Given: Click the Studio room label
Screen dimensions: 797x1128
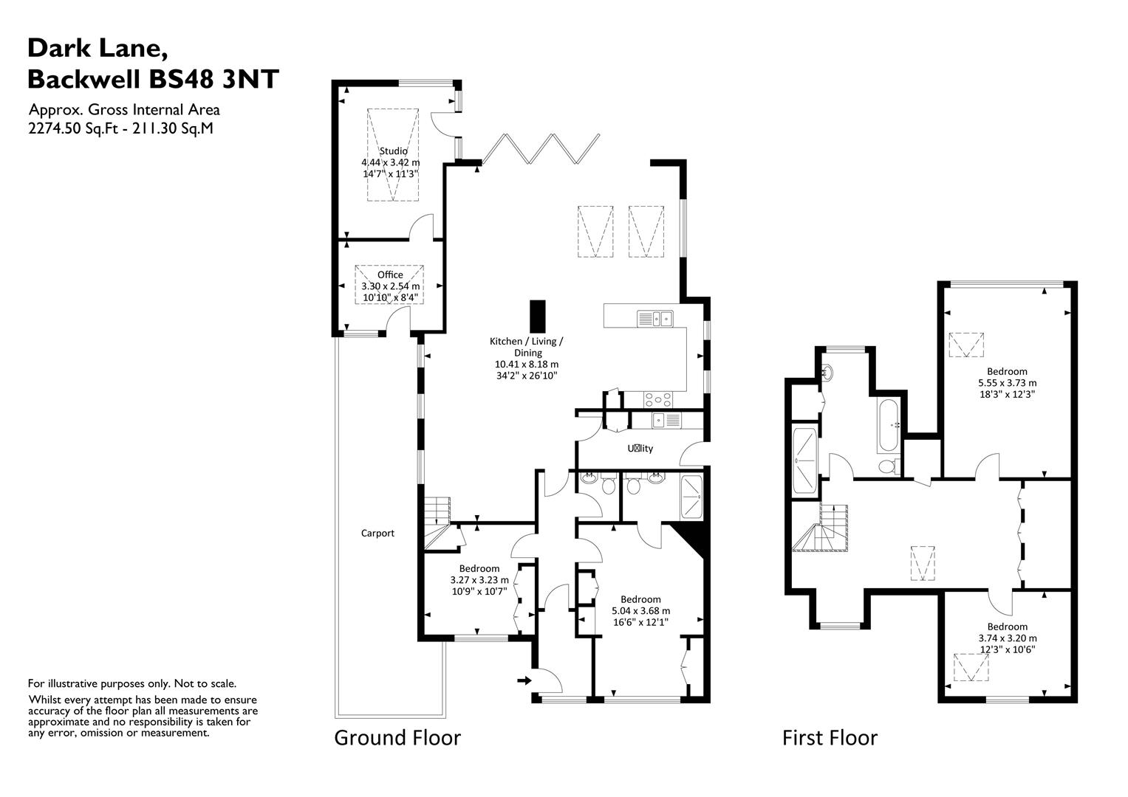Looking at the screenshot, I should coord(393,151).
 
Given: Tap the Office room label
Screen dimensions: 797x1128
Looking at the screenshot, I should coord(390,275).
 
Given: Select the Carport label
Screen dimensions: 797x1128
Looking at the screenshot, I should coord(377,533).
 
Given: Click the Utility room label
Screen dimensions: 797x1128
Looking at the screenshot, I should coord(640,448).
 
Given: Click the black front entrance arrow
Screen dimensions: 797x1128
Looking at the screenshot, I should coord(524,680).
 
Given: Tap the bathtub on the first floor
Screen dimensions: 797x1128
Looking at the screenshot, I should coord(887,426).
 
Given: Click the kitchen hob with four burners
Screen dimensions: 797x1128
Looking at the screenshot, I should coord(658,399).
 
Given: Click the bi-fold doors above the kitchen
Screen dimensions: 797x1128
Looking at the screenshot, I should coord(540,148).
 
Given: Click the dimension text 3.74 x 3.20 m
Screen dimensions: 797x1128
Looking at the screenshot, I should coord(1007,638).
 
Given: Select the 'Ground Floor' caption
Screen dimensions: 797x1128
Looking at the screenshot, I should coord(397,737).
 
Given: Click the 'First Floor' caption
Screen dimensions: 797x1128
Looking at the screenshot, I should coord(830,737).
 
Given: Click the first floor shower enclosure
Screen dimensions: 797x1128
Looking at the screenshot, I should coord(804,460).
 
